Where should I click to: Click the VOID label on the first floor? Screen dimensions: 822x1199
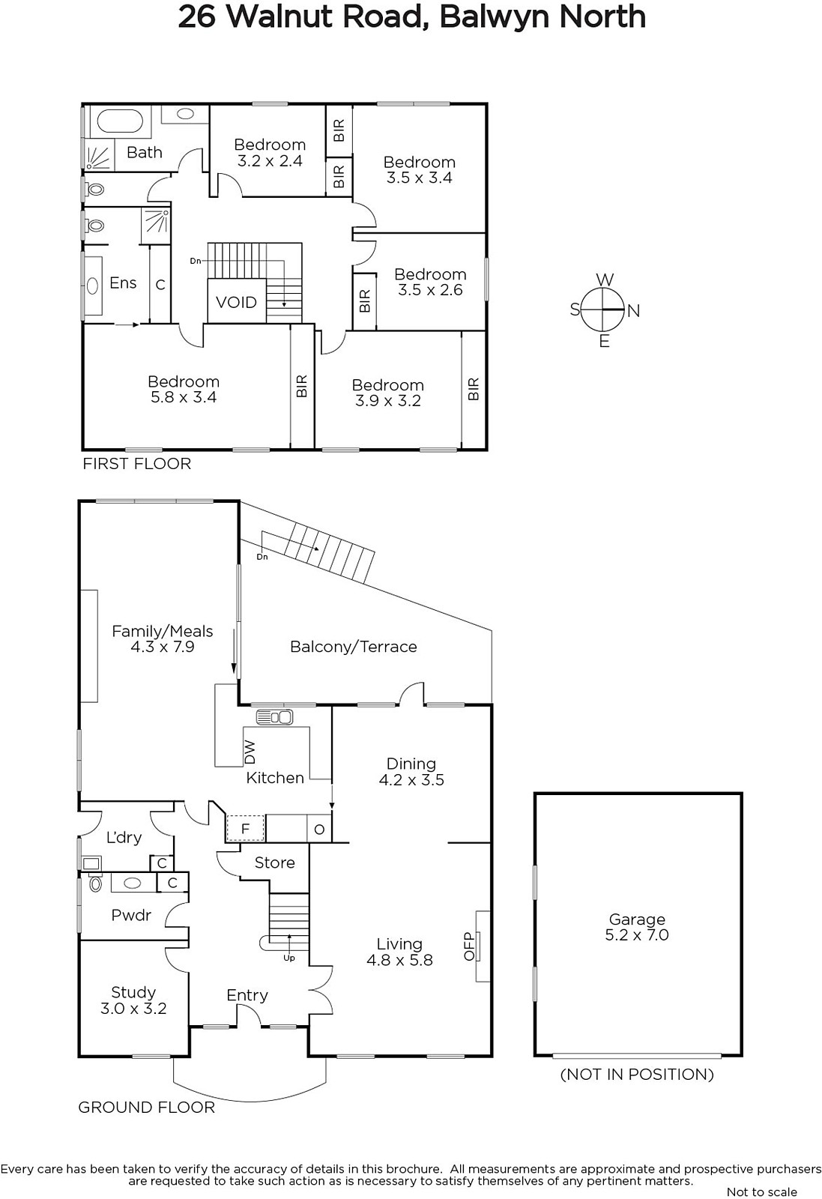236,303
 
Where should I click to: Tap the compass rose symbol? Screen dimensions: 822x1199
603,310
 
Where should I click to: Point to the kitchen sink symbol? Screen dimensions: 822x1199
274,716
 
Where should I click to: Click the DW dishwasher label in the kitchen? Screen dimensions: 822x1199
250,752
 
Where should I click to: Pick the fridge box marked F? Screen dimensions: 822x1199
246,829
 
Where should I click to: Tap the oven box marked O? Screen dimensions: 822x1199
319,829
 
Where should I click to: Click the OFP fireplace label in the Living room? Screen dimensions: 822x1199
469,946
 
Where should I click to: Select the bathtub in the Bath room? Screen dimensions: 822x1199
119,121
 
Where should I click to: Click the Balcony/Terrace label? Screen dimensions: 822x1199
353,647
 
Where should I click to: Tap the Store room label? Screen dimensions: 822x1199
274,863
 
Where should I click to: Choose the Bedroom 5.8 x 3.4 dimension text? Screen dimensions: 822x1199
184,397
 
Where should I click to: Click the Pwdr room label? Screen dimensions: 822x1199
131,915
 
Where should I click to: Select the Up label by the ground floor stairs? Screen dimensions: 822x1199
289,958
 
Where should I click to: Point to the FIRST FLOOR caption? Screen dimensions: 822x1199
136,464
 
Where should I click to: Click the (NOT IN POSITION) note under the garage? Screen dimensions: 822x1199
637,1075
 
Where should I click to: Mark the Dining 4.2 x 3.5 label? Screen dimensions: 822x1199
411,771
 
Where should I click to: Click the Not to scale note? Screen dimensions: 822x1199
761,1192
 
